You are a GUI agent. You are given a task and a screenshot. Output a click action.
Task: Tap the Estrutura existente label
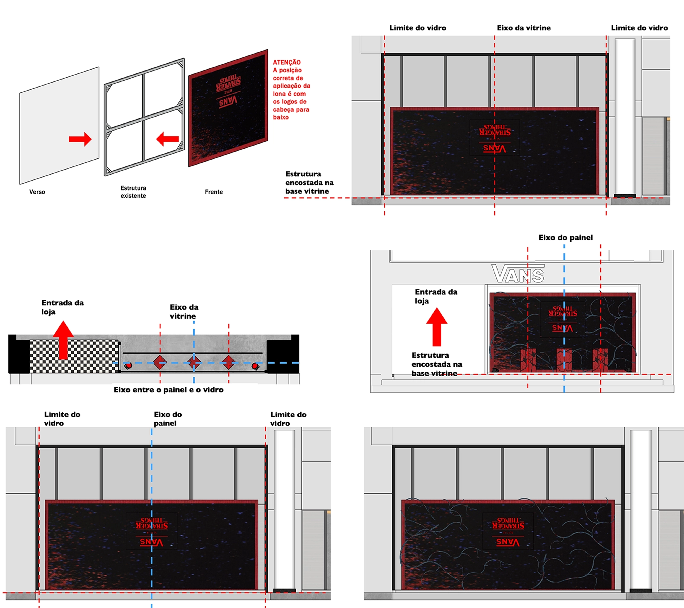coord(133,192)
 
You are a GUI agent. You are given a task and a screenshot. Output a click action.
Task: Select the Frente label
coord(214,192)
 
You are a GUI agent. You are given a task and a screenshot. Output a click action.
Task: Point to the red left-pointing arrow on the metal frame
coord(168,139)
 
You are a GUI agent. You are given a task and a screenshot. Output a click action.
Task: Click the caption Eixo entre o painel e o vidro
coord(168,390)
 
